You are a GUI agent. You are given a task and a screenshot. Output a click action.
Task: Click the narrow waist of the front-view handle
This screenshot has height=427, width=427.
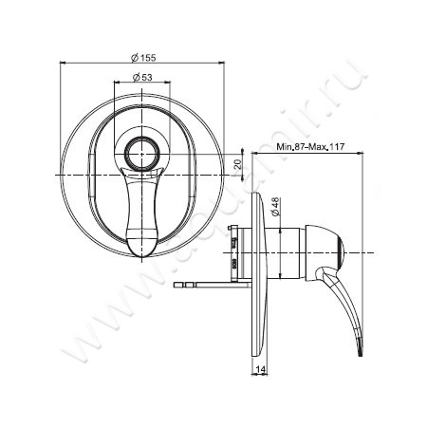[143, 195]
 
